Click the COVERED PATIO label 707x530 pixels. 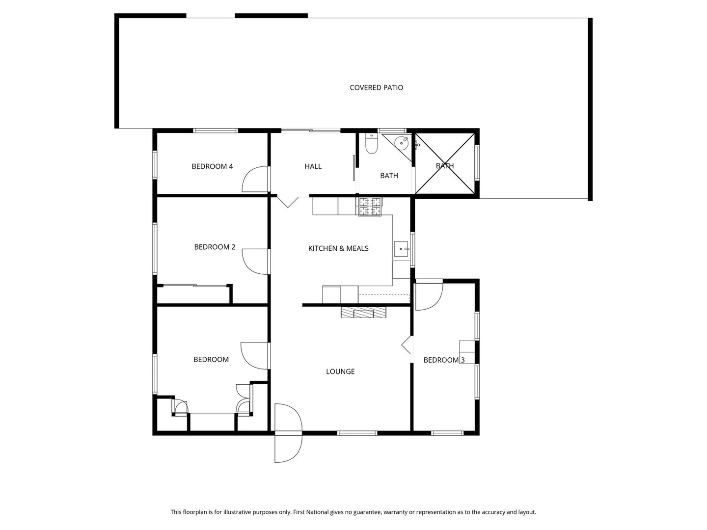[376, 88]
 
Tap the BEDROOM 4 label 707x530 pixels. [212, 166]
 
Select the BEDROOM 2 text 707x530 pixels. [215, 247]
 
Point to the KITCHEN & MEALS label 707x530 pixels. [338, 248]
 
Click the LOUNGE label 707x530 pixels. [340, 371]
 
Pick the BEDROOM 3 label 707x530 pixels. [444, 360]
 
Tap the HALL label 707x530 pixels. [313, 166]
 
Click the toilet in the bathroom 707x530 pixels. [371, 143]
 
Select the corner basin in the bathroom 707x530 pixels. [402, 143]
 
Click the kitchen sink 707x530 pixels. [401, 249]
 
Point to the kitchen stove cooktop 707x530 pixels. [369, 207]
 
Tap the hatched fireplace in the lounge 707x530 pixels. [363, 312]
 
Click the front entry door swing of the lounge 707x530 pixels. [288, 433]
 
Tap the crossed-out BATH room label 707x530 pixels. [445, 166]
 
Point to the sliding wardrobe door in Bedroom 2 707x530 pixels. [194, 286]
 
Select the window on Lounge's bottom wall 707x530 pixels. [357, 433]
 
